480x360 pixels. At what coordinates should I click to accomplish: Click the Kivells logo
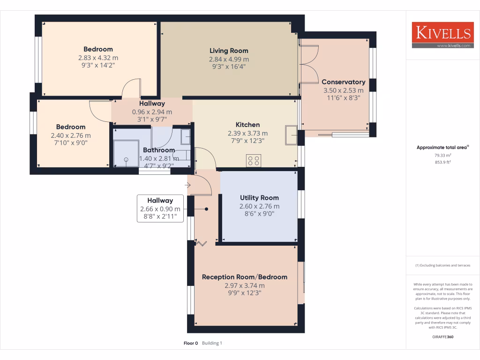click(442, 35)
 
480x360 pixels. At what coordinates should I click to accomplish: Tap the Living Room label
click(229, 51)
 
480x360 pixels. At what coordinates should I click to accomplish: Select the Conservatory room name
click(343, 82)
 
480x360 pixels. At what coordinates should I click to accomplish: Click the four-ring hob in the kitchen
click(254, 161)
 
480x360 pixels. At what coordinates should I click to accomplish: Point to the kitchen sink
click(290, 136)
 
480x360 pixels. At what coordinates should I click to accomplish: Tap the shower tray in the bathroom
click(126, 154)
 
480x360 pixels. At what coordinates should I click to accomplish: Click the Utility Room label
click(259, 198)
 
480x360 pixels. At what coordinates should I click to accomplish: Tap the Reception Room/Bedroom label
click(244, 277)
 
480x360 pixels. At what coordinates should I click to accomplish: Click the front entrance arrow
click(188, 186)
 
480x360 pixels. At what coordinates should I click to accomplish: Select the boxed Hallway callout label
click(160, 209)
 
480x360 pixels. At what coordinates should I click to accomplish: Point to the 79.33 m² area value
click(442, 156)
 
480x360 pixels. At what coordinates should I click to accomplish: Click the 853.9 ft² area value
click(442, 162)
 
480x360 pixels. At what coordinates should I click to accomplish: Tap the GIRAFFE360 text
click(442, 337)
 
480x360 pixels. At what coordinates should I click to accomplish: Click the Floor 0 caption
click(191, 343)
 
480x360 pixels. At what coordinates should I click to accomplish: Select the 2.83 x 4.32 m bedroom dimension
click(98, 58)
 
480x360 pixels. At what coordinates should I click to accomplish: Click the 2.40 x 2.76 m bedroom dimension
click(71, 135)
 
